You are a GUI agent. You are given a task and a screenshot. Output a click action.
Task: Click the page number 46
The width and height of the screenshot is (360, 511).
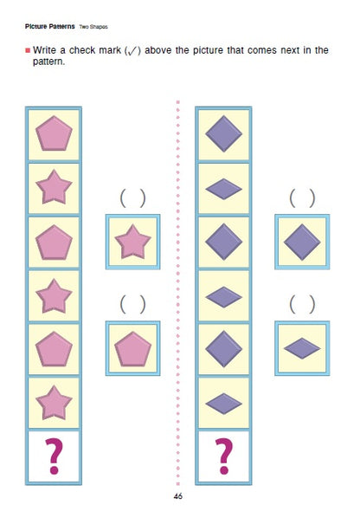tap(178, 496)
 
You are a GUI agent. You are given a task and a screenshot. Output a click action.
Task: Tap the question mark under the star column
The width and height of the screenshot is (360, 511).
tap(54, 456)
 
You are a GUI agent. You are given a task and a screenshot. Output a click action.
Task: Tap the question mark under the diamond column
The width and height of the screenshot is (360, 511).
tap(223, 456)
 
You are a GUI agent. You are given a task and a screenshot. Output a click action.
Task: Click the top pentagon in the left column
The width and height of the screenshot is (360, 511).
tap(54, 134)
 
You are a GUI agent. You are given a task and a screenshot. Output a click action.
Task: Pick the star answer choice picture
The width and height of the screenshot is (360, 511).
tap(132, 241)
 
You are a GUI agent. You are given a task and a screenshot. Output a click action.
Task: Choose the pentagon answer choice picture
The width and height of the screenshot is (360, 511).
tap(132, 348)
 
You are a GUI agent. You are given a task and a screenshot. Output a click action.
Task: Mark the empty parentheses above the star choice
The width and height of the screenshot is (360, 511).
tap(132, 198)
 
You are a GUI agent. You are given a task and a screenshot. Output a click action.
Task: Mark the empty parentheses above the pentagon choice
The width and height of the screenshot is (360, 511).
tap(132, 305)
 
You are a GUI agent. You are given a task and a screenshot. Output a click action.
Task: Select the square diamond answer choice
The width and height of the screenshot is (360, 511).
tap(302, 241)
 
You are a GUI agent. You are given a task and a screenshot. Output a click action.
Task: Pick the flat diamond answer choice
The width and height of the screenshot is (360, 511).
tap(302, 348)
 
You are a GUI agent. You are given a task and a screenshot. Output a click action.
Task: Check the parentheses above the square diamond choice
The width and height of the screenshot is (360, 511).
tap(302, 198)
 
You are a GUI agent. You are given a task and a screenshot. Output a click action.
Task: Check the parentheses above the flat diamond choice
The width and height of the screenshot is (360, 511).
tap(302, 305)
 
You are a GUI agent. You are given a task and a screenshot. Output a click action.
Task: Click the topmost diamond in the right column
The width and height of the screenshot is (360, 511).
tap(223, 134)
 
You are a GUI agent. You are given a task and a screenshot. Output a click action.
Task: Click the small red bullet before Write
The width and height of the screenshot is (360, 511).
tap(28, 50)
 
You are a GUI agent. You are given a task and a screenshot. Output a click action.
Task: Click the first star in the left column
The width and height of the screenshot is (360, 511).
tap(54, 187)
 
